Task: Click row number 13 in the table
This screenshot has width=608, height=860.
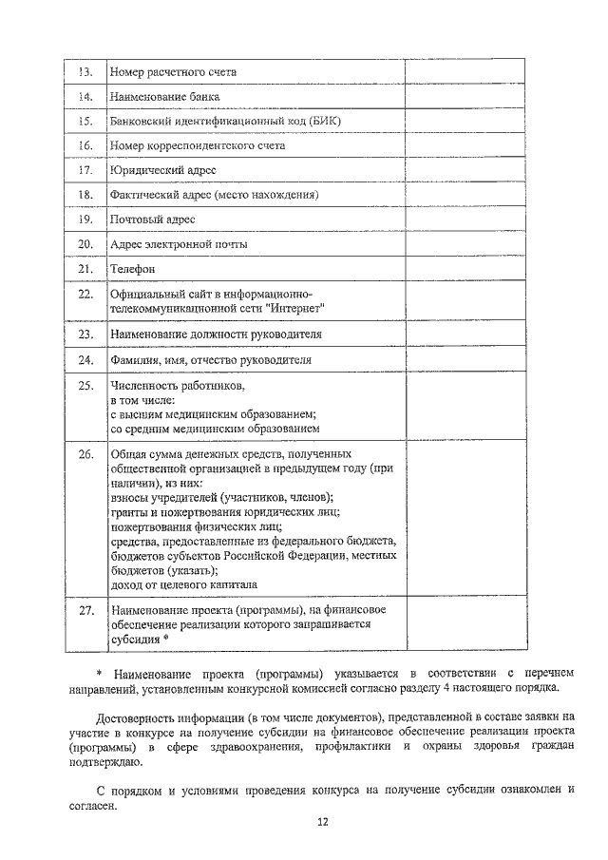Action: (85, 72)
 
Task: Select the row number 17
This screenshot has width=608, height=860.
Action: (85, 170)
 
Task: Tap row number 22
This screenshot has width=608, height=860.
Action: (85, 294)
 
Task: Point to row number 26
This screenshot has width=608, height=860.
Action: (85, 454)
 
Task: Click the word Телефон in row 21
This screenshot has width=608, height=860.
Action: (132, 269)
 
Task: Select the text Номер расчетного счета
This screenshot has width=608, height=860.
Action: (173, 72)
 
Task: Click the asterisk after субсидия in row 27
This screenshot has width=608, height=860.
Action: (166, 640)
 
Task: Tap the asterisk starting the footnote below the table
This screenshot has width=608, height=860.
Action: (100, 672)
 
